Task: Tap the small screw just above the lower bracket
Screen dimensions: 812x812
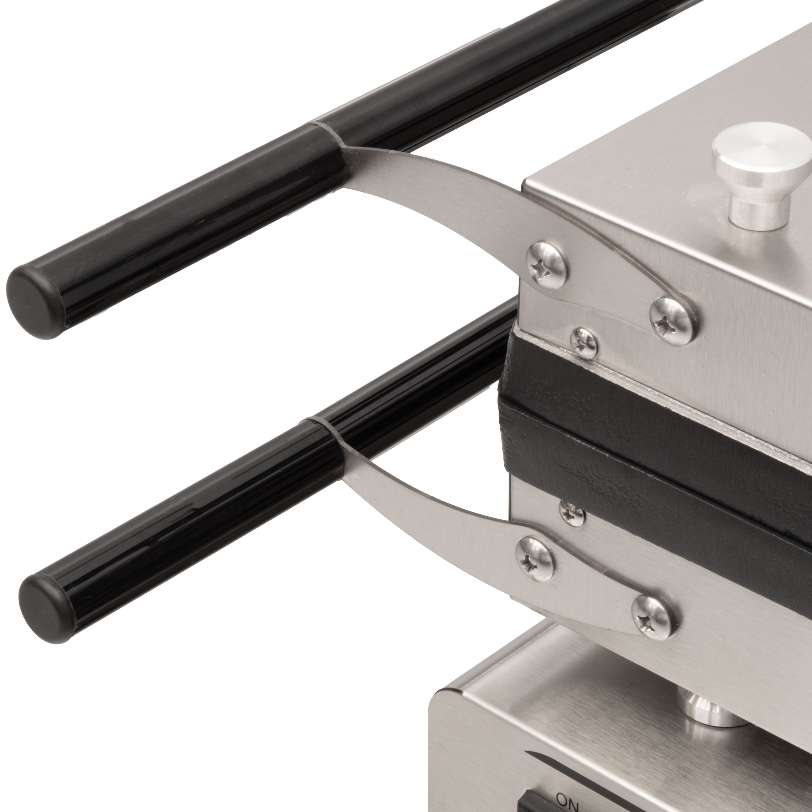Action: (x=572, y=512)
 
